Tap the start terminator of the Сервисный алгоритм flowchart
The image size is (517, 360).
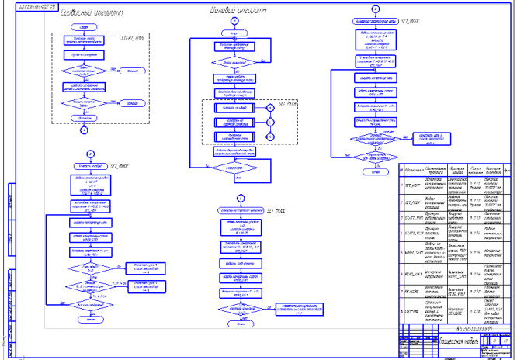[82, 26]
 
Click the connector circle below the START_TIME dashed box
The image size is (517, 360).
[82, 130]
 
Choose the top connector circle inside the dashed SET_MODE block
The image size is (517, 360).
[271, 109]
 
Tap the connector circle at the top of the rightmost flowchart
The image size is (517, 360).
[375, 9]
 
